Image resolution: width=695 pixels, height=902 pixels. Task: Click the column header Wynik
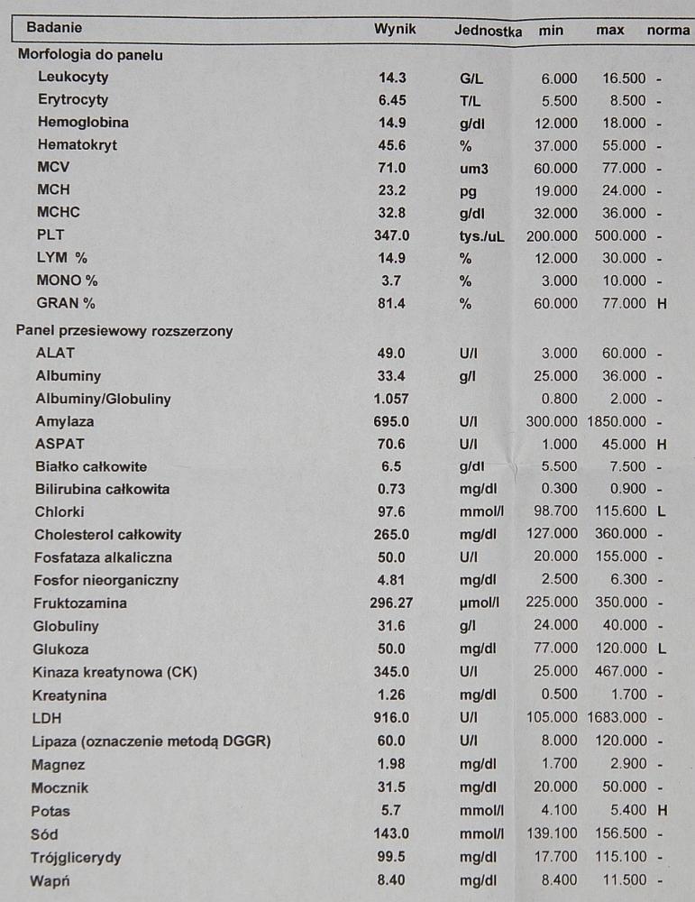click(x=395, y=29)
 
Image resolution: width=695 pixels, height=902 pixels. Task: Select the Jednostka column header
click(x=488, y=30)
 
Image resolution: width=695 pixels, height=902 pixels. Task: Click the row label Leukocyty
click(x=73, y=78)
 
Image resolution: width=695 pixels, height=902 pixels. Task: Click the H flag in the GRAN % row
click(x=662, y=304)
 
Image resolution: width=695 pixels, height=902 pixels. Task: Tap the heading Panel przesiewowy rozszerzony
click(x=124, y=331)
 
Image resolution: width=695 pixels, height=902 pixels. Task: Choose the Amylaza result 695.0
click(x=392, y=421)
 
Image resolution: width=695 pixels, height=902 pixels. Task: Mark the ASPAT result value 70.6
click(x=392, y=444)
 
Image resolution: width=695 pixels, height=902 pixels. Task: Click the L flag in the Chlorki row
click(x=662, y=512)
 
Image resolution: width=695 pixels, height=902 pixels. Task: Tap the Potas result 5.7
click(x=392, y=810)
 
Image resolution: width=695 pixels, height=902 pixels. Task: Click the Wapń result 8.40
click(x=392, y=879)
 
